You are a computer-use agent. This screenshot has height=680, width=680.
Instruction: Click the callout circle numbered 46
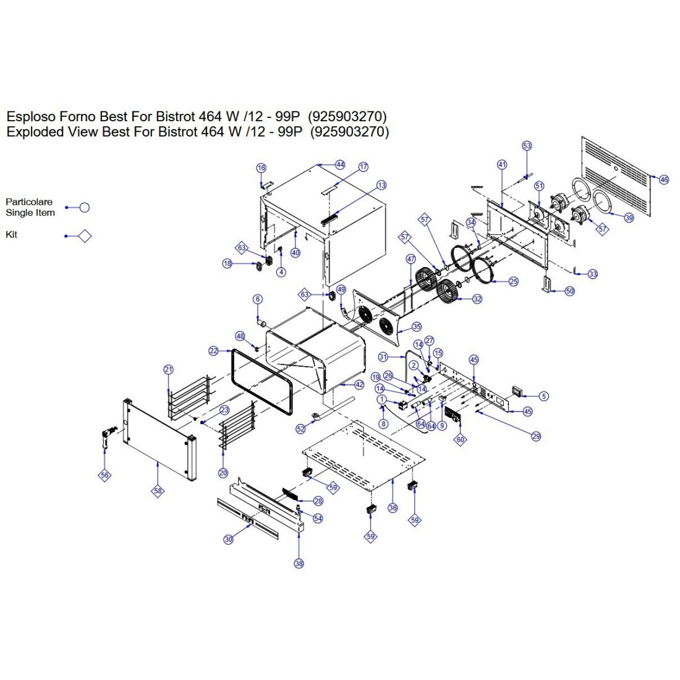664,179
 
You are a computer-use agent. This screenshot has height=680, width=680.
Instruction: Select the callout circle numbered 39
629,218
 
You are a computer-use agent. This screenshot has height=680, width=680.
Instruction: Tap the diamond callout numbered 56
104,475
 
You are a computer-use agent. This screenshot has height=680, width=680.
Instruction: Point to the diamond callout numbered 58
158,491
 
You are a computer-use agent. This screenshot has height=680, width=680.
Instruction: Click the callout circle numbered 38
299,563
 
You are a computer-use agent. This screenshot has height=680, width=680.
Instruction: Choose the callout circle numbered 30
229,539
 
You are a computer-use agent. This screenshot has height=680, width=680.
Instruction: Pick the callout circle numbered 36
393,508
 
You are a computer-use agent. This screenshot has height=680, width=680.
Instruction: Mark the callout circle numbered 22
214,351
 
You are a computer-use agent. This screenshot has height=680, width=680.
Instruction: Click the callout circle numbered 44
340,164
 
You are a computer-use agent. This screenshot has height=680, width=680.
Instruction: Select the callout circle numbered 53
527,146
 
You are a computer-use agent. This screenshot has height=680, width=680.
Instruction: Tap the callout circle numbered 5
543,396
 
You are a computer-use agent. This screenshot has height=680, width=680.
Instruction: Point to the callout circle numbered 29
536,436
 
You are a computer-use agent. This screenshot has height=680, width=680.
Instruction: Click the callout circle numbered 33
593,274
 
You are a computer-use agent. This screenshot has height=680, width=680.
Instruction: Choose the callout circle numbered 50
569,291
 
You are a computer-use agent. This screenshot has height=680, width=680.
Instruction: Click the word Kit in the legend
12,235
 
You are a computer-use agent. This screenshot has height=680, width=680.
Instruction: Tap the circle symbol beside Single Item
85,207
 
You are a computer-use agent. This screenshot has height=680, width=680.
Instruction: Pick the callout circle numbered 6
258,299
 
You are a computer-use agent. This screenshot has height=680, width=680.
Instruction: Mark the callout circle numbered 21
169,370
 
